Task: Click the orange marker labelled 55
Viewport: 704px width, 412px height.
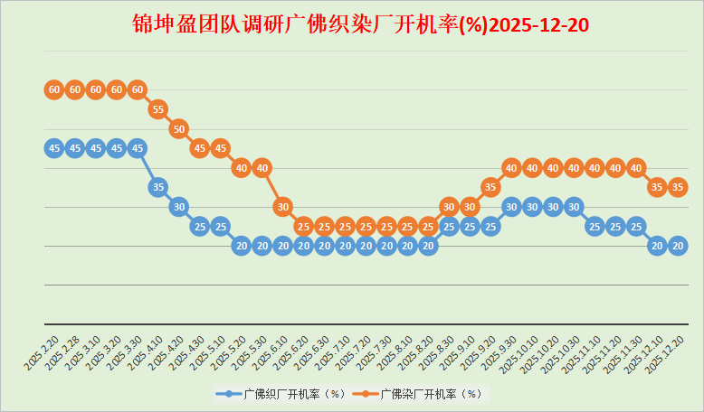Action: [157, 109]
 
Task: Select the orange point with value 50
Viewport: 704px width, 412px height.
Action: [178, 129]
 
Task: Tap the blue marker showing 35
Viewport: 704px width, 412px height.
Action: [157, 187]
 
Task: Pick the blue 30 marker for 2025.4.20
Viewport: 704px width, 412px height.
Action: [178, 206]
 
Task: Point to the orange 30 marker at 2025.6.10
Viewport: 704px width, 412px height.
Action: [283, 206]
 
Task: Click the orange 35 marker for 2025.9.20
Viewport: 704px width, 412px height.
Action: [490, 187]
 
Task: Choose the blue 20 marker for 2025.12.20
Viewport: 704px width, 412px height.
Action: [678, 245]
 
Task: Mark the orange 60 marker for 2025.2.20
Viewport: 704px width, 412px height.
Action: [53, 89]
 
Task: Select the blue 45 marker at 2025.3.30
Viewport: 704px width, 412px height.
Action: [137, 148]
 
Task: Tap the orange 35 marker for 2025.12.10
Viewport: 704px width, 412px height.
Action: [657, 187]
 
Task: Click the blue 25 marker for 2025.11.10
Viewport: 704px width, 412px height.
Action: [595, 226]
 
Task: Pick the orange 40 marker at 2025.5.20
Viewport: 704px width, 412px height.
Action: [241, 167]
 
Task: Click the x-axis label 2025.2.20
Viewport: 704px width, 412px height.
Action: [42, 350]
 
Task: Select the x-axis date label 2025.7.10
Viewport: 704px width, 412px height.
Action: [333, 350]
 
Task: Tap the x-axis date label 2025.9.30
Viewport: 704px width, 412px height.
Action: [499, 350]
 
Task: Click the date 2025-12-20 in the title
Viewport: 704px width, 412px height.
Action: [538, 24]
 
